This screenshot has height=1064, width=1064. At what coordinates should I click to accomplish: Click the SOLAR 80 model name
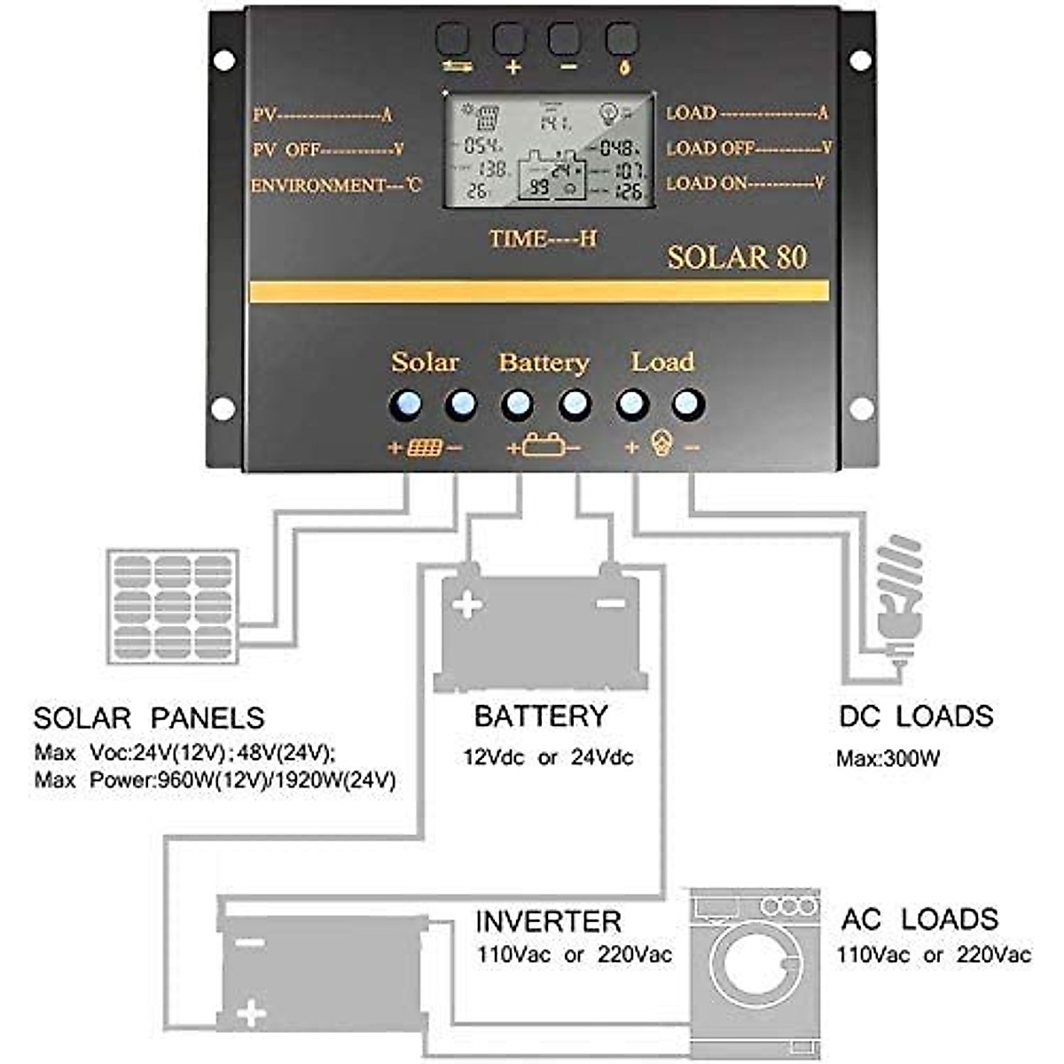736,257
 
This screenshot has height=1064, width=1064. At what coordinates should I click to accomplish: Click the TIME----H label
543,239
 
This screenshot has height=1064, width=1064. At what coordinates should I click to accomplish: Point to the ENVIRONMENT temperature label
335,186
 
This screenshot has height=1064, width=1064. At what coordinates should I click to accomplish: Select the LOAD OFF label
748,149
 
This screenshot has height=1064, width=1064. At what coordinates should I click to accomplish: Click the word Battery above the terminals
544,363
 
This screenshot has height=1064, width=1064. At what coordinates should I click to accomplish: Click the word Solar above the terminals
425,362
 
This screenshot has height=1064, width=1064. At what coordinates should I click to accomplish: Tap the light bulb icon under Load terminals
661,444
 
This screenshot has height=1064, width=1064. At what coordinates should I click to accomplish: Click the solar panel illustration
172,606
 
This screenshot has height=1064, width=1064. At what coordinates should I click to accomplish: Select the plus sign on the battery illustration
466,606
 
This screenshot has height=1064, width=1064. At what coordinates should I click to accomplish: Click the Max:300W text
888,759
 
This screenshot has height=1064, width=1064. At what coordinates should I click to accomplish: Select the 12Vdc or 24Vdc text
548,758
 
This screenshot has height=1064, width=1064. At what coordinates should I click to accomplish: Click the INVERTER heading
548,921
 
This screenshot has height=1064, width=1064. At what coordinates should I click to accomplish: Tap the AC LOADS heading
919,919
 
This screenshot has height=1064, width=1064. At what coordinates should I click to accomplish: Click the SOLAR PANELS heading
149,717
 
